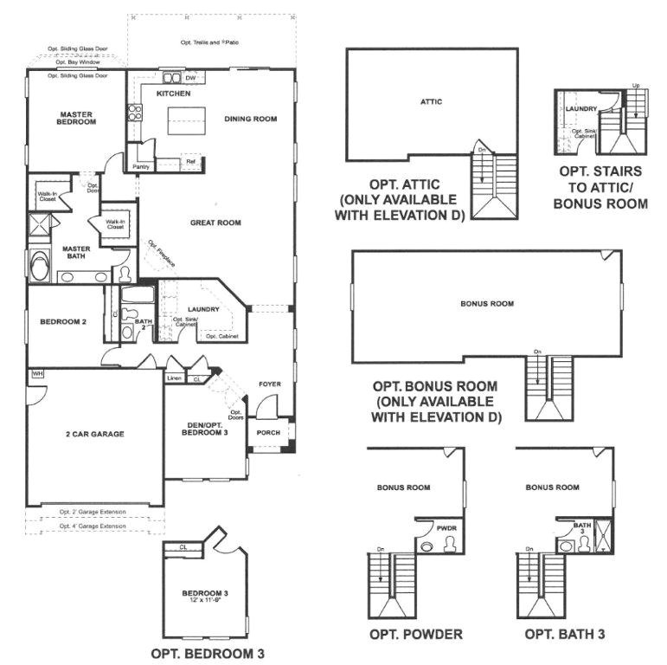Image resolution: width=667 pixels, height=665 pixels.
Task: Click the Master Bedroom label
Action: [x=77, y=118]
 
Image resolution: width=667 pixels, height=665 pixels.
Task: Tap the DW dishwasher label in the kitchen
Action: [x=190, y=78]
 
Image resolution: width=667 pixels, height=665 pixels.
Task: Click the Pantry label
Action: [x=141, y=166]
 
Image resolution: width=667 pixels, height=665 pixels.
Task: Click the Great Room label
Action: [x=215, y=223]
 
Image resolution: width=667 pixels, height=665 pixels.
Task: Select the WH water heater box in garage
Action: [x=37, y=373]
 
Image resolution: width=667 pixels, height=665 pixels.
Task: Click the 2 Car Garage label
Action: [x=94, y=434]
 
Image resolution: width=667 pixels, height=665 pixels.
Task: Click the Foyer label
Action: [x=271, y=383]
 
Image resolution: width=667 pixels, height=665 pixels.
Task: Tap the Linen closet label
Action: [x=174, y=378]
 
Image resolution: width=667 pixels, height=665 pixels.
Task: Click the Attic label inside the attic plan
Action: [x=431, y=101]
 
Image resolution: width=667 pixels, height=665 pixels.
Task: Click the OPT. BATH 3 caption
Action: [x=564, y=634]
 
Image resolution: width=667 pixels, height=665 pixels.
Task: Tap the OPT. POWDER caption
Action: [x=415, y=634]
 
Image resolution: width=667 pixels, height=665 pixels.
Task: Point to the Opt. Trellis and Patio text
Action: [x=209, y=42]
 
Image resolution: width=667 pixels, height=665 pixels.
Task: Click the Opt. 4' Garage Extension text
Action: [x=93, y=526]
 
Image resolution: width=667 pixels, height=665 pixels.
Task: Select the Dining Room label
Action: [x=251, y=119]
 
